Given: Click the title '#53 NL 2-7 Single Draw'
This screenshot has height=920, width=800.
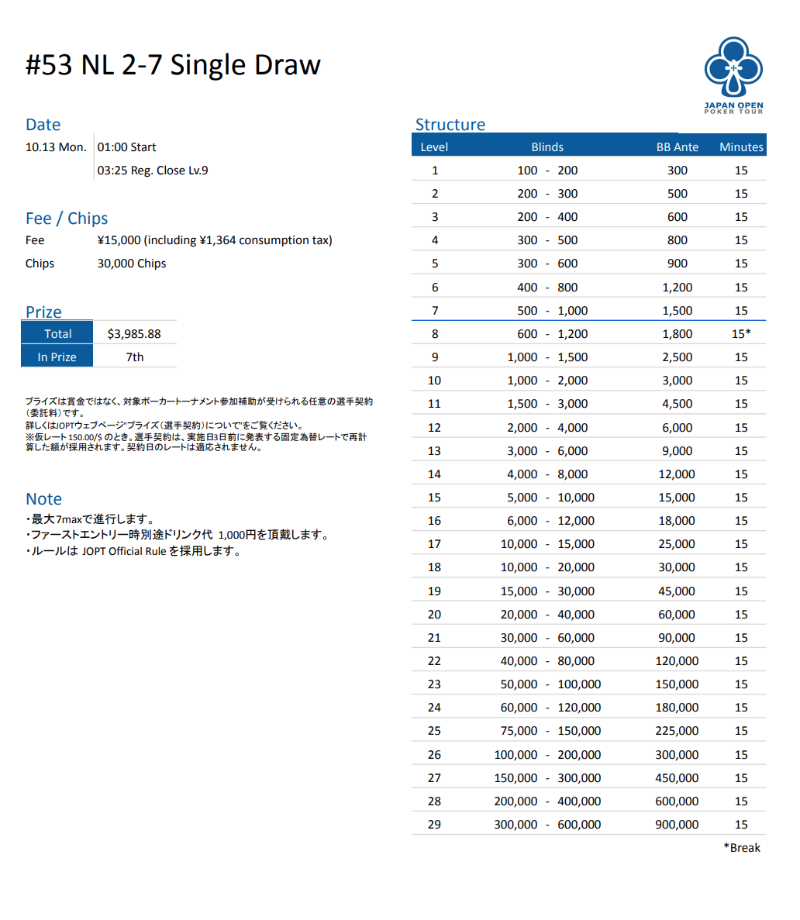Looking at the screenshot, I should pyautogui.click(x=173, y=65).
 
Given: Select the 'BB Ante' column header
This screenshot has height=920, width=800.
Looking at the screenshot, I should pyautogui.click(x=677, y=147).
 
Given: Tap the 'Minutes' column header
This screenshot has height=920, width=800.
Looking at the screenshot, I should pyautogui.click(x=741, y=147).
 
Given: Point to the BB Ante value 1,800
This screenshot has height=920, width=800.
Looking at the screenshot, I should pyautogui.click(x=677, y=334).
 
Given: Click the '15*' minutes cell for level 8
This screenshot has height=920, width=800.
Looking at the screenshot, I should pyautogui.click(x=741, y=334).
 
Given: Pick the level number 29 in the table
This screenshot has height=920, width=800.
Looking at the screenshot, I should pyautogui.click(x=434, y=825).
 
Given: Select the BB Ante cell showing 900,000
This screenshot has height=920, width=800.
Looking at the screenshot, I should pyautogui.click(x=677, y=825).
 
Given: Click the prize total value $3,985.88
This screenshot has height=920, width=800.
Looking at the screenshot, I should pyautogui.click(x=134, y=334).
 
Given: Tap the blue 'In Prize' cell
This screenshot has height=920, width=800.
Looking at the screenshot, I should pyautogui.click(x=57, y=357).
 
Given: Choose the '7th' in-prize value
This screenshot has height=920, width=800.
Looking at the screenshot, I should pyautogui.click(x=135, y=357).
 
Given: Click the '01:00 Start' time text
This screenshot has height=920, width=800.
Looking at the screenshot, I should pyautogui.click(x=126, y=147).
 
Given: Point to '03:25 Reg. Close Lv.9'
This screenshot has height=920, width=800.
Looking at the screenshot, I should pyautogui.click(x=153, y=171).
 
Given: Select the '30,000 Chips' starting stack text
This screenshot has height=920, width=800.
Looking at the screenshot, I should pyautogui.click(x=132, y=264).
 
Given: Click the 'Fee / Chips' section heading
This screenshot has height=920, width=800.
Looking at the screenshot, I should pyautogui.click(x=67, y=219).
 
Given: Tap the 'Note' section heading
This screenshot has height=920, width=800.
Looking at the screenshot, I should pyautogui.click(x=43, y=499).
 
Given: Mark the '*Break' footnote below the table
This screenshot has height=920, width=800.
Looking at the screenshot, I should pyautogui.click(x=742, y=848).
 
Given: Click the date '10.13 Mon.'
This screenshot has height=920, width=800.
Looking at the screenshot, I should pyautogui.click(x=56, y=147).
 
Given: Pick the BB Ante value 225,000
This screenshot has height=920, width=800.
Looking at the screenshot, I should pyautogui.click(x=677, y=731).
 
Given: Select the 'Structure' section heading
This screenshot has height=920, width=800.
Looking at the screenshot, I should pyautogui.click(x=450, y=125).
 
